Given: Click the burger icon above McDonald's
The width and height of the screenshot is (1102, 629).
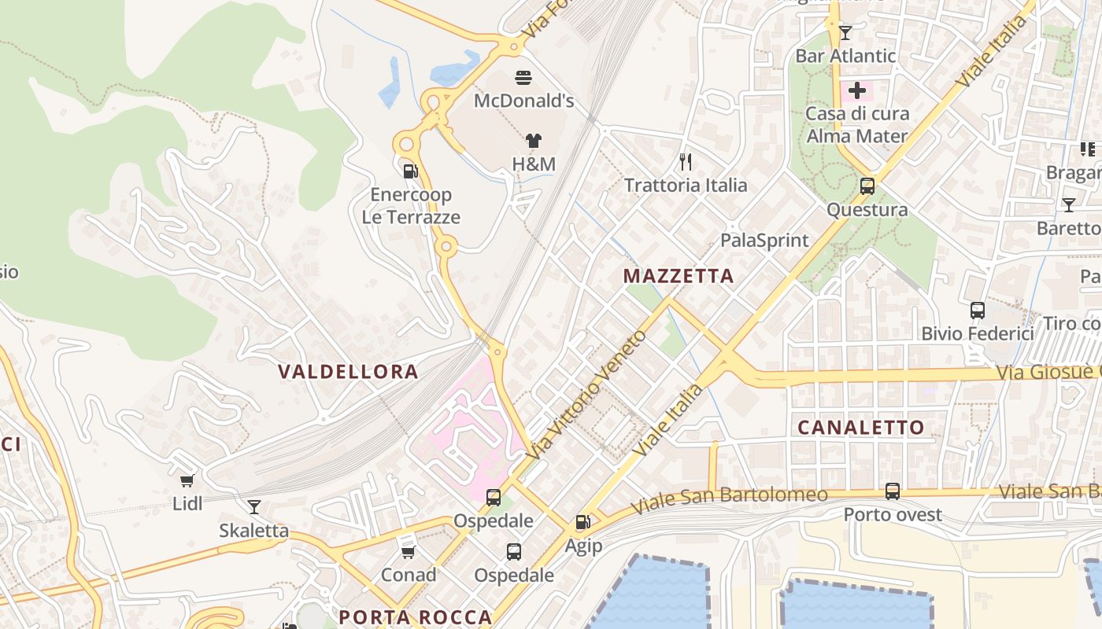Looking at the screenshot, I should tap(523, 77).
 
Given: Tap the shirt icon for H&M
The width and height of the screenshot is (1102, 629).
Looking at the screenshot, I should tap(534, 141).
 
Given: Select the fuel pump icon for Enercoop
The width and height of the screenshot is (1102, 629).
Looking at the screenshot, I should tap(410, 171).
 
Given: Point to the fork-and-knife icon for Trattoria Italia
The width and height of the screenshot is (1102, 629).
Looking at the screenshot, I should tap(686, 162).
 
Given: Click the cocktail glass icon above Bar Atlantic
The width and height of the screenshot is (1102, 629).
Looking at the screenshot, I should tap(845, 32).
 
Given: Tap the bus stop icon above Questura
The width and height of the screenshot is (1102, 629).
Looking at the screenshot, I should tap(867, 186).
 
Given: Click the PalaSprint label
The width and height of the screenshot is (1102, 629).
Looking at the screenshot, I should tap(764, 241).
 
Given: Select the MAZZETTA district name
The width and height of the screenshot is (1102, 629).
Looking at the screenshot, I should tap(679, 276).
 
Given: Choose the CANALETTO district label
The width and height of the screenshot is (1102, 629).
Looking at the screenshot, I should tap(861, 428).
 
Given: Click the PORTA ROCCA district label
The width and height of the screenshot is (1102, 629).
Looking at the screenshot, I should tap(416, 617).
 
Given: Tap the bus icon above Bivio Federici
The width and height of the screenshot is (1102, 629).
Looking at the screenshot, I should tap(978, 310).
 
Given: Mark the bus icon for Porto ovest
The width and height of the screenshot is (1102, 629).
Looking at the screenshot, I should tap(893, 491).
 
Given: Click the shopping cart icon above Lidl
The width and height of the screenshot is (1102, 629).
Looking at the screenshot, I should tap(187, 480).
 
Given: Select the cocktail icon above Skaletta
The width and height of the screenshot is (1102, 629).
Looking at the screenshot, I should tap(253, 507).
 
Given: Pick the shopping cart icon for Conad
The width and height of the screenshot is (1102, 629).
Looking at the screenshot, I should tap(408, 552).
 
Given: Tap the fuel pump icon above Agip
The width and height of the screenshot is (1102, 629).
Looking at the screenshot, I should tap(582, 522).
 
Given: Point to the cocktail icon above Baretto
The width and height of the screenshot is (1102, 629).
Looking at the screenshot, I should tap(1068, 205).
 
